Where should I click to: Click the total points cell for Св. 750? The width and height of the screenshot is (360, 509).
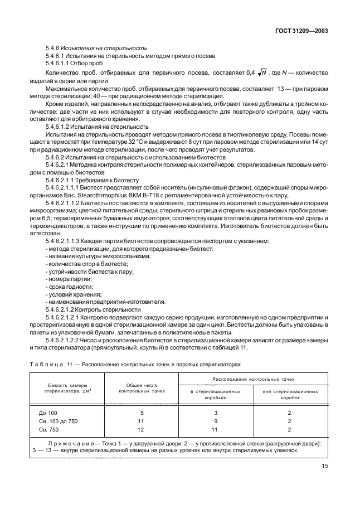coord(140,429)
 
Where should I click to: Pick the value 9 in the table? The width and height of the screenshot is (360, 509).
coord(215,421)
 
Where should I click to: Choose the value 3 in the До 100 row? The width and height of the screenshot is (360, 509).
coord(215,413)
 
